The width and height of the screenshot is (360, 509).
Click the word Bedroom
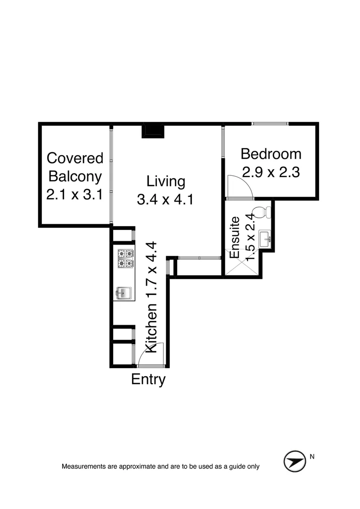coord(271,154)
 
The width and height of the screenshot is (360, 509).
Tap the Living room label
coord(165,181)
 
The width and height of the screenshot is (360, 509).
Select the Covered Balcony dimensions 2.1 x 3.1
coord(74,195)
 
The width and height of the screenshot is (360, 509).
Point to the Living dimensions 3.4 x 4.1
coord(165,200)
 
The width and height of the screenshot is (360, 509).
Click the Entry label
coord(148,379)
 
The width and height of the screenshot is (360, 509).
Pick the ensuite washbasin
coord(265,238)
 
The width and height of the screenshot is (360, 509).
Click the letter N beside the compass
coord(312,456)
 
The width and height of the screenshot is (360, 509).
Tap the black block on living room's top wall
coord(153,131)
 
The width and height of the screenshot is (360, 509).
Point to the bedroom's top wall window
coord(270,124)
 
